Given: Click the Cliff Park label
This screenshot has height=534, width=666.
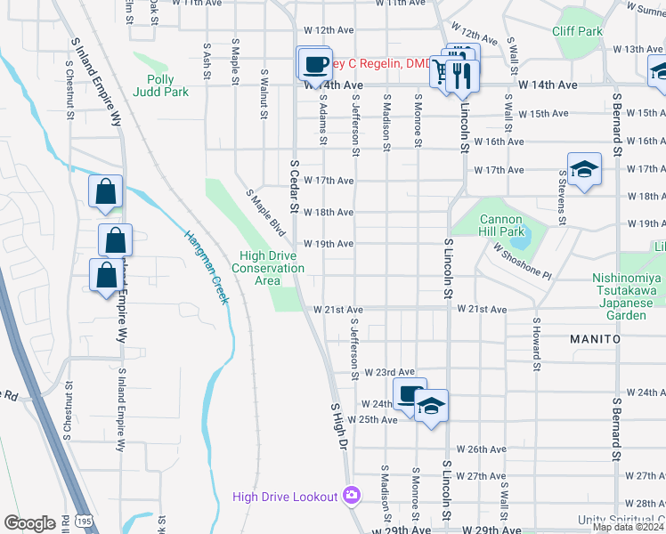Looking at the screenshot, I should point(577,31).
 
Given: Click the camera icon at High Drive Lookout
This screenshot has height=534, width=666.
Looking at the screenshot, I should point(352,496).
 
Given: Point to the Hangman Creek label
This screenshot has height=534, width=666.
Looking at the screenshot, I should point(207,266).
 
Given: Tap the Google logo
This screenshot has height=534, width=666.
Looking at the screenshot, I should point(28,523).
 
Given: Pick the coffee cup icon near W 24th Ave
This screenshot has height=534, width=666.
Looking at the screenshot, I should point(410,393).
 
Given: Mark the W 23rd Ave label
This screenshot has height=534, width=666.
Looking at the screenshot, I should point(391,372).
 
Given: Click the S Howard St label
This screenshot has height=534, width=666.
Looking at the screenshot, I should point(537,344).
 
